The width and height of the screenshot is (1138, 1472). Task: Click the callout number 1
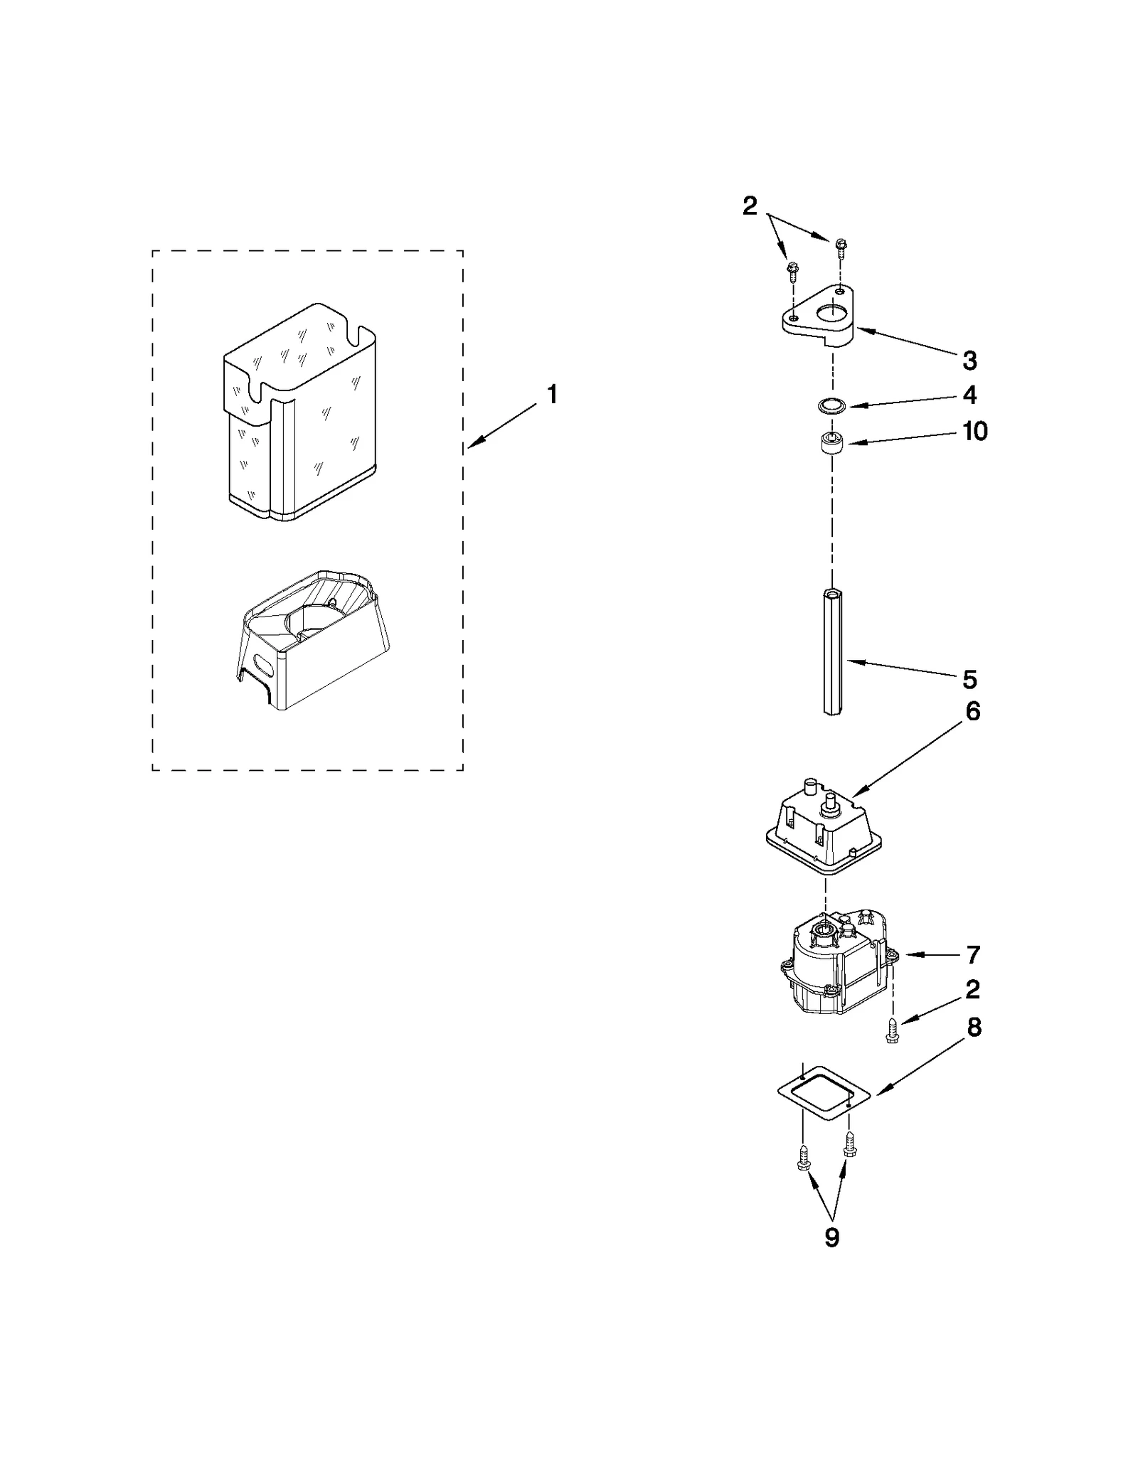pos(552,395)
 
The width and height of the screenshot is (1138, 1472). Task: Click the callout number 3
pos(969,361)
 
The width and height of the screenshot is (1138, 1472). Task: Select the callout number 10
pos(974,431)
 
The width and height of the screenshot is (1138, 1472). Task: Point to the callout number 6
pos(972,711)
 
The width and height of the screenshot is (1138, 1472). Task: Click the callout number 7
pos(973,954)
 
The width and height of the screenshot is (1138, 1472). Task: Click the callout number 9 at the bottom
pos(831,1237)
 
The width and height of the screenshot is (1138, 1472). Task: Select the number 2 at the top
pos(750,206)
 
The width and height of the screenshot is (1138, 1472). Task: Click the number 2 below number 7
pos(972,989)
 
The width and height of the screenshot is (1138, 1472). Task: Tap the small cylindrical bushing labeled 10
pos(830,444)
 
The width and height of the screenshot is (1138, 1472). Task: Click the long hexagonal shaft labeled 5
pos(832,651)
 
